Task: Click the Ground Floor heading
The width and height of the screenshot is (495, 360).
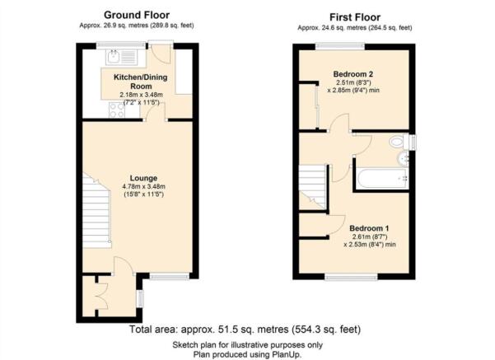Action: coord(137,15)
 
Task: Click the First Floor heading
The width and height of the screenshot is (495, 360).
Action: coord(355,17)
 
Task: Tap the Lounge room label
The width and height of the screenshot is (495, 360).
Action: coord(143,178)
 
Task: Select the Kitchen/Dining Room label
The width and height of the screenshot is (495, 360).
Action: coord(141,82)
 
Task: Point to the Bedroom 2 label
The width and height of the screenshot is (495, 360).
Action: coord(353,74)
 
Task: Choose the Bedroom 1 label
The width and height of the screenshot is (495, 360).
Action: coord(369,228)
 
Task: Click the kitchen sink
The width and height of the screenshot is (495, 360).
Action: coord(122,57)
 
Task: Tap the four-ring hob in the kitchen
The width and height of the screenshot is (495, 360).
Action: coord(117,110)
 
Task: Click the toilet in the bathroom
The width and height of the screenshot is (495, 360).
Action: coord(399,141)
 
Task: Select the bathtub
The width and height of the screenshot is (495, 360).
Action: coord(381,179)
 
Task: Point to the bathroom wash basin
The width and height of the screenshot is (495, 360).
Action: coord(404,158)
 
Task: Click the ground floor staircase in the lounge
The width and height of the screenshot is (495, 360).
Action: coord(96,211)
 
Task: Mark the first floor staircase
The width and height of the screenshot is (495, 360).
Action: coord(312,186)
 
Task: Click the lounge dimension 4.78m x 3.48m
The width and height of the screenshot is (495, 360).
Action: coord(143,187)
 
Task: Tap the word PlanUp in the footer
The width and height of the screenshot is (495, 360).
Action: coord(287,354)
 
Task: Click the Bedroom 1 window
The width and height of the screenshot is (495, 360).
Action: coord(351,277)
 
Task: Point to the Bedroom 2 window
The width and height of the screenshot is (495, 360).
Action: coord(340,46)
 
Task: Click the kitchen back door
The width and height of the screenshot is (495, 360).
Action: coord(161,53)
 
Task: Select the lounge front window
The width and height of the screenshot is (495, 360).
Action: coord(170,277)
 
